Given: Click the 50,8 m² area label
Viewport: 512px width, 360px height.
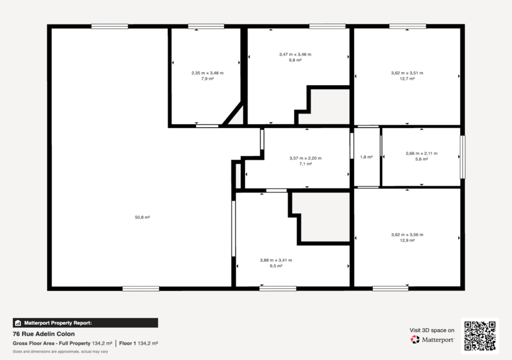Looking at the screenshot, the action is (142, 217).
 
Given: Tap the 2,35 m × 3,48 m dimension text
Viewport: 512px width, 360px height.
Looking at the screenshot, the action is (207, 73).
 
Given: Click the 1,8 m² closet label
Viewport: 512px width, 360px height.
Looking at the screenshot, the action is (366, 157).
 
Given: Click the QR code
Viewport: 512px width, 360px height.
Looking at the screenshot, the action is (480, 336).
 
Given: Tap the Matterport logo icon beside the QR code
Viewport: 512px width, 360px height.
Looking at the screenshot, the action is (415, 339).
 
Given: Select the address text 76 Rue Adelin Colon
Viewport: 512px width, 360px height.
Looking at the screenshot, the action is (44, 334).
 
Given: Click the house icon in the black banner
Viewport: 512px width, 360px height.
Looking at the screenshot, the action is (18, 323).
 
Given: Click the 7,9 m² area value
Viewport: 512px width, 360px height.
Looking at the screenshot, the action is (207, 78).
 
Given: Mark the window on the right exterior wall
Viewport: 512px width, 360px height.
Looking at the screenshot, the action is (462, 157).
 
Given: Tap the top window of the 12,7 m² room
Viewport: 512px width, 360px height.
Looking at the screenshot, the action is (407, 26).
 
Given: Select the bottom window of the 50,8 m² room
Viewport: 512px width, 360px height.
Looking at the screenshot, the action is (140, 289).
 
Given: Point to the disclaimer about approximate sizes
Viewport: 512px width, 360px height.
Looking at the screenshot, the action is (60, 351).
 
